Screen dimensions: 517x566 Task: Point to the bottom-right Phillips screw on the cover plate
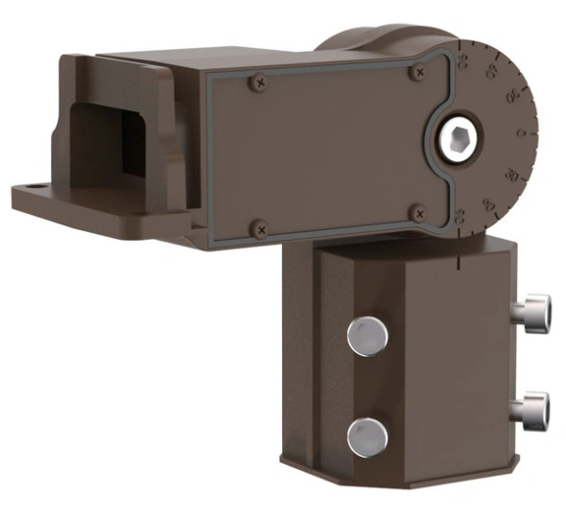[x=417, y=212]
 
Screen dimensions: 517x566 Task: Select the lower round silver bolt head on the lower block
[x=367, y=436]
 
